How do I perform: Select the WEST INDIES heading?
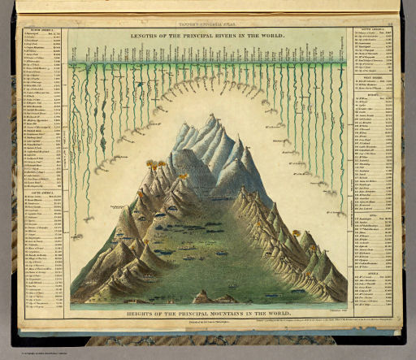coord(373,78)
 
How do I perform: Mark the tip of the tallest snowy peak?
coord(213,115)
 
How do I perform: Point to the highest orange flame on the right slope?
coord(296,233)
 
